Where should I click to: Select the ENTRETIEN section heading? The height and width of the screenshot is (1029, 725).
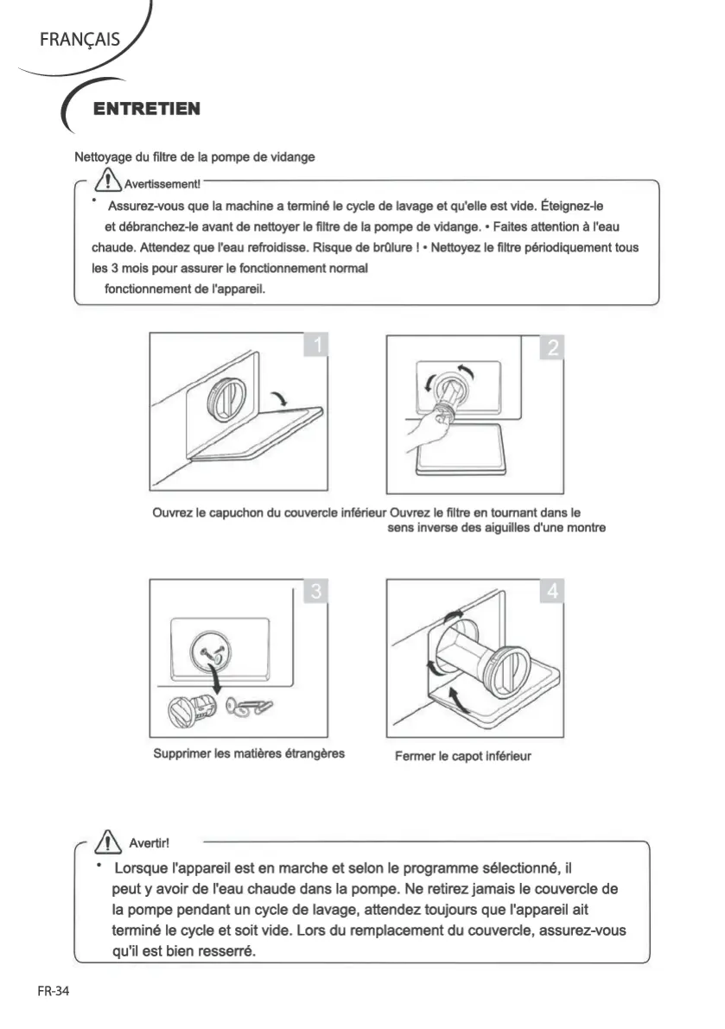click(x=146, y=109)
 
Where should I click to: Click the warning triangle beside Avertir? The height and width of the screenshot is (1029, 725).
click(x=109, y=840)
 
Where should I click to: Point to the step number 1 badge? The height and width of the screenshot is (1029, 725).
click(x=317, y=346)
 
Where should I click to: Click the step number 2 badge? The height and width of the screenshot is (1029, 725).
click(x=552, y=346)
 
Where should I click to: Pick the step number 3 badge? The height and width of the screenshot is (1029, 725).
click(x=317, y=591)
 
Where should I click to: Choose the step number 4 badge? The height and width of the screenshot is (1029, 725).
click(x=553, y=592)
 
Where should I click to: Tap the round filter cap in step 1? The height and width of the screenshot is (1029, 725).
click(x=226, y=399)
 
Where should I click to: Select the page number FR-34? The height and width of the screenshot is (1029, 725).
click(x=53, y=991)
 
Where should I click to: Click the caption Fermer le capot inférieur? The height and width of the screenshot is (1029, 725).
click(x=462, y=756)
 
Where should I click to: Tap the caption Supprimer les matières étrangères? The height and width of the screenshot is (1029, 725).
click(x=249, y=753)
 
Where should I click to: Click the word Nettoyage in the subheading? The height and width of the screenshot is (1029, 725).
click(x=105, y=156)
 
